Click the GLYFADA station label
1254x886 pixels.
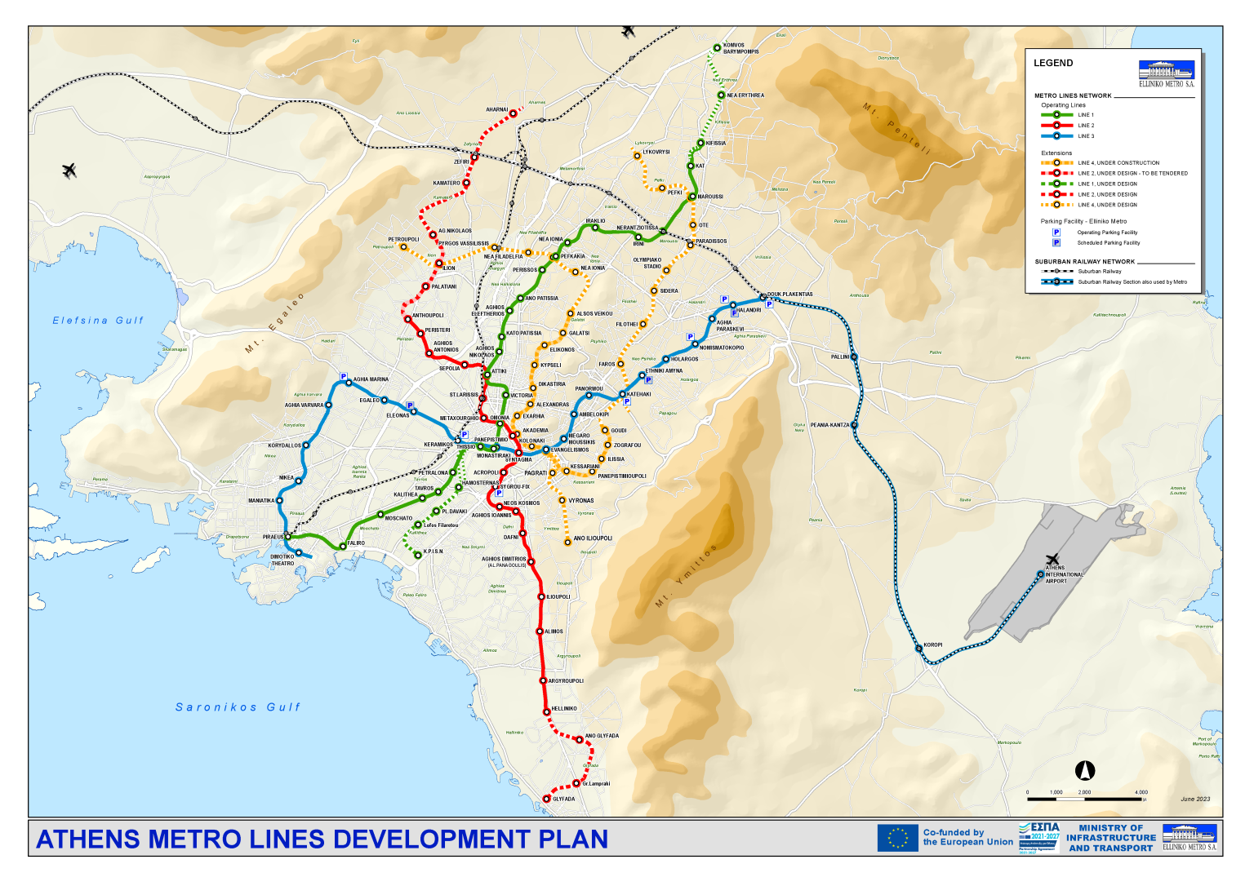coord(563,800)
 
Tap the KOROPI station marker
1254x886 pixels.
coord(918,649)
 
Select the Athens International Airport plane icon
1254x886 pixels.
coord(1052,560)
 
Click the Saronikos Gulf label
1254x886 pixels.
coord(238,707)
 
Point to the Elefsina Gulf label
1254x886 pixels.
coord(98,321)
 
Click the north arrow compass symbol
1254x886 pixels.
coord(1085,770)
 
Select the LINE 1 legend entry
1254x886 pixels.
coord(1085,115)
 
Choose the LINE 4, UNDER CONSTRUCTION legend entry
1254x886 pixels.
coord(1118,163)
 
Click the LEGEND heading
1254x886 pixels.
coord(1053,63)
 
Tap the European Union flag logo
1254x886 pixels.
coord(897,838)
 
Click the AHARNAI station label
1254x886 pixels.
coord(496,109)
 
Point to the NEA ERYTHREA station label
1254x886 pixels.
coord(745,95)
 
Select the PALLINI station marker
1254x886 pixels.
coord(854,357)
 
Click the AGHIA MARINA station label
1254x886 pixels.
coord(371,379)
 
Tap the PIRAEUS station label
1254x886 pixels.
coord(273,537)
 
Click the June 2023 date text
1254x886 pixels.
coord(1195,800)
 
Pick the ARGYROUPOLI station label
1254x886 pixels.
coord(566,681)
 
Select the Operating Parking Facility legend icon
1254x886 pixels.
coord(1056,233)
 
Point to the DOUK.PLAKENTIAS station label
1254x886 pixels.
coord(789,295)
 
